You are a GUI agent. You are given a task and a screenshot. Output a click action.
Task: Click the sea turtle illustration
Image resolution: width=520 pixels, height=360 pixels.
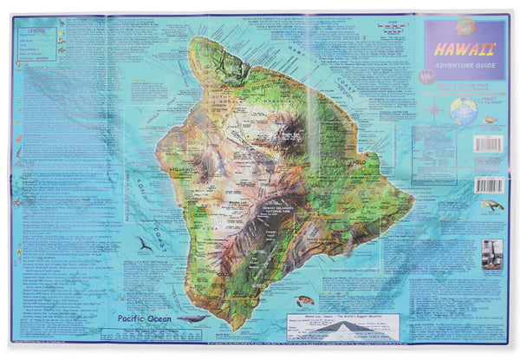[304, 301]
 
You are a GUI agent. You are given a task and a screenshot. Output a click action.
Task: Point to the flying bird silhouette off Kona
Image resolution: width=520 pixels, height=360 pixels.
[144, 245]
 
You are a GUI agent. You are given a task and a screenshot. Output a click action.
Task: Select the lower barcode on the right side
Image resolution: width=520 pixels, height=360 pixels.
[490, 185]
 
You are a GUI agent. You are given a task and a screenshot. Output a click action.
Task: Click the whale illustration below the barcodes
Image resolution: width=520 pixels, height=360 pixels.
[491, 206]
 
